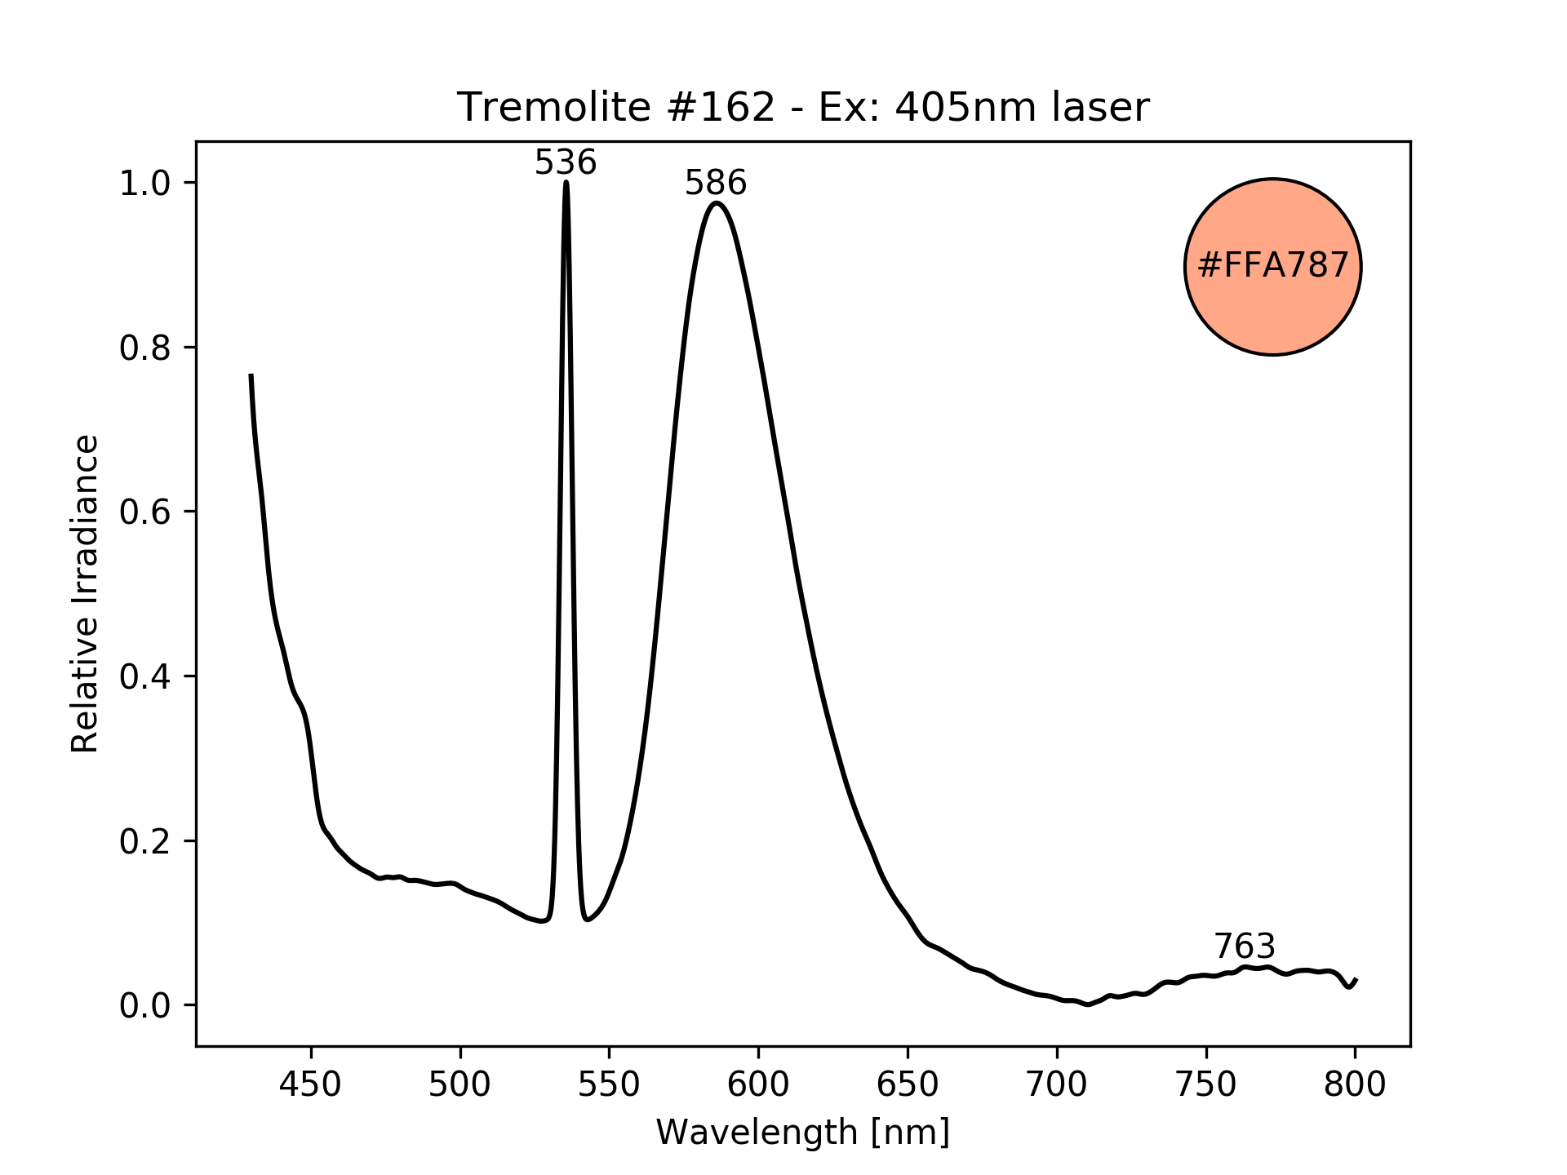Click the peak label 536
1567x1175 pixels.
tap(566, 163)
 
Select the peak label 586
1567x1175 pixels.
tap(715, 184)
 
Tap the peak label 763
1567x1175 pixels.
tap(1244, 947)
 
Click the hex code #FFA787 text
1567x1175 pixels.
tap(1272, 266)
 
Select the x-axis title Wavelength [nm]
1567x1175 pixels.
tap(802, 1133)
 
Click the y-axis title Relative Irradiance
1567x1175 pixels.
tap(85, 593)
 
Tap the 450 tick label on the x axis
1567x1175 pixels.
tap(311, 1084)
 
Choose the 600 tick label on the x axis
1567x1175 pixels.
tap(758, 1084)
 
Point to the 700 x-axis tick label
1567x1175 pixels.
tap(1057, 1084)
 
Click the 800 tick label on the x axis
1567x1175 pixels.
tap(1355, 1084)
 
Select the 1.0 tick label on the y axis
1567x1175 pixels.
tap(144, 183)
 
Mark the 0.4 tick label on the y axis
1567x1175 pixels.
tap(144, 676)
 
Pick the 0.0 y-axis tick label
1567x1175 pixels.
tap(144, 1005)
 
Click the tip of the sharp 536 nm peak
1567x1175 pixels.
tap(566, 183)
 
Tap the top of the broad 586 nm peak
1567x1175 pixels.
tap(716, 203)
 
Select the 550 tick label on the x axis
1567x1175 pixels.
tap(609, 1084)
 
